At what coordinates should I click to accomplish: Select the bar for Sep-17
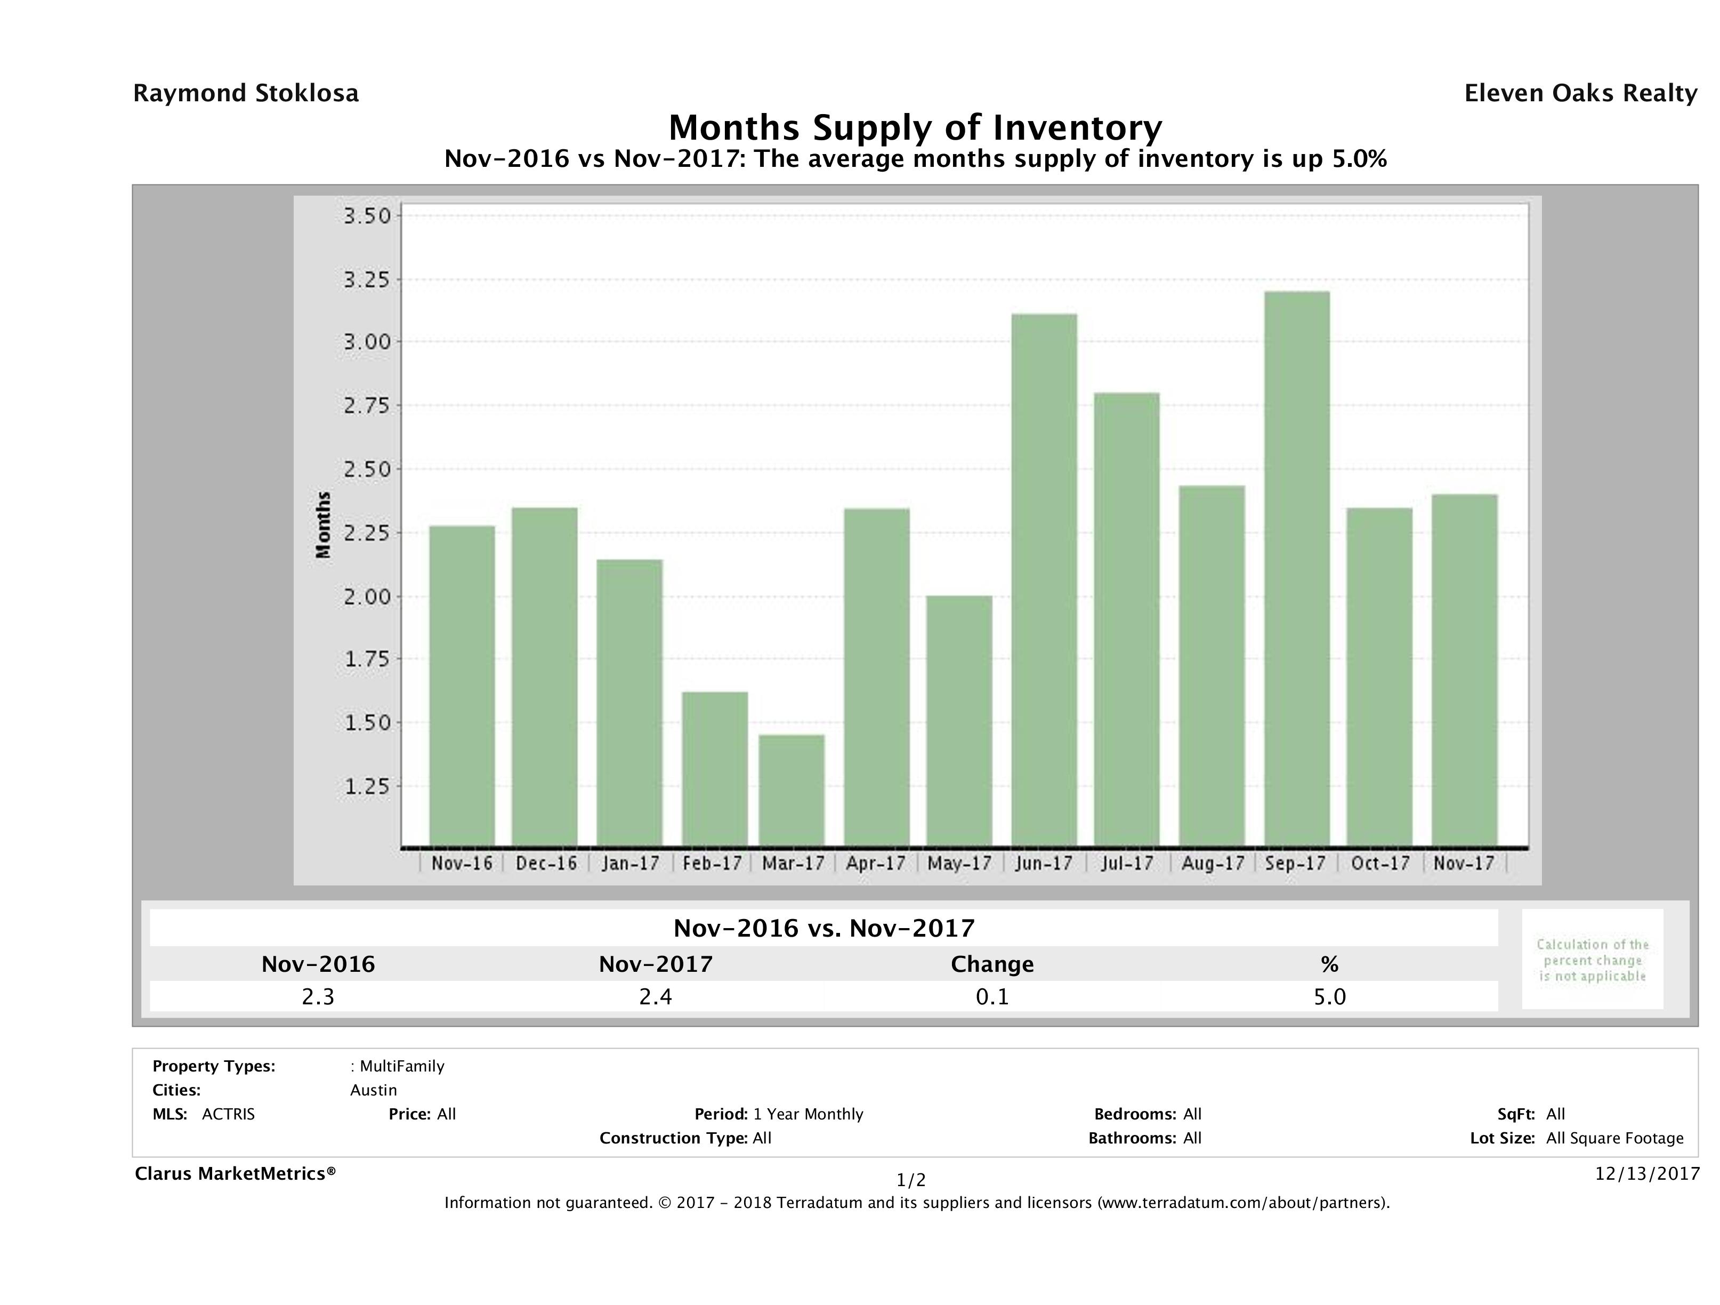1296,568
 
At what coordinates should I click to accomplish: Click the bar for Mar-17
792,790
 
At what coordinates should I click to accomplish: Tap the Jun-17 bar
1044,579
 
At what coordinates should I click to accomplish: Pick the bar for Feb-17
715,768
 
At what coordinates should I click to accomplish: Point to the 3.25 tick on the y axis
367,279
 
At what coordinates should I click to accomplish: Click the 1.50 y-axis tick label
367,722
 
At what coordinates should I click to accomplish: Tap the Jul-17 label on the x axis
1127,863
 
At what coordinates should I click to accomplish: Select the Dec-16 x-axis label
546,863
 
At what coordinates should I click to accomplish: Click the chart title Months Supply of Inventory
915,127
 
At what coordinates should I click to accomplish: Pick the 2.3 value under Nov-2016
318,996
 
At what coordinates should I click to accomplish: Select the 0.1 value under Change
992,996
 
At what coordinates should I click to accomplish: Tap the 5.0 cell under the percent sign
1329,996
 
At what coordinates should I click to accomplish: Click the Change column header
992,964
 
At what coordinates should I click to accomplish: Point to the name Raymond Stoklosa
246,93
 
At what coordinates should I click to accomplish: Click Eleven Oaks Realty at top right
1580,93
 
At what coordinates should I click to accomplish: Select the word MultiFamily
401,1066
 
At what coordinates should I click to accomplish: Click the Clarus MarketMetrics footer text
235,1173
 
